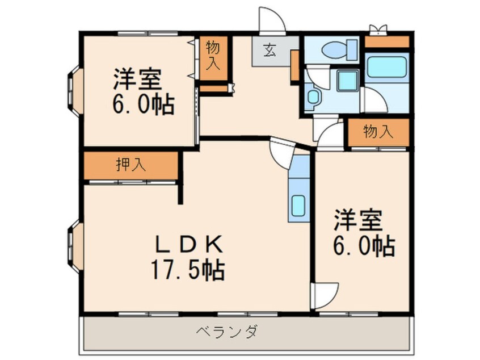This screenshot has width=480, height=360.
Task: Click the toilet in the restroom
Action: click(339, 49)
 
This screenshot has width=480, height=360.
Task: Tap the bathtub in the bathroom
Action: click(387, 67)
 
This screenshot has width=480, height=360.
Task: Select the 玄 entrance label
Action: click(270, 51)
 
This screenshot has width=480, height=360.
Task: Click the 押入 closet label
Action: click(130, 165)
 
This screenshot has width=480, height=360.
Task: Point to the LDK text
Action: click(189, 244)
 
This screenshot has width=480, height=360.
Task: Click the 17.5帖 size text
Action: click(188, 270)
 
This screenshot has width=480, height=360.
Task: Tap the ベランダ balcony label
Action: click(227, 332)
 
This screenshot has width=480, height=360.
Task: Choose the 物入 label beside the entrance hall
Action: click(213, 56)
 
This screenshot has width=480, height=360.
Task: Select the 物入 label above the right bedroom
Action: click(378, 132)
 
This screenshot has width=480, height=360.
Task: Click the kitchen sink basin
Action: click(298, 206)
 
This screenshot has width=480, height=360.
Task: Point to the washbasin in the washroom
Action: click(313, 97)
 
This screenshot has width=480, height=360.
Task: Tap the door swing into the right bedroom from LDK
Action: click(325, 295)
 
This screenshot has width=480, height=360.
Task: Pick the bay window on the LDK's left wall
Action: click(75, 247)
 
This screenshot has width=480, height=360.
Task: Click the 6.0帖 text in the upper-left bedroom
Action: click(144, 105)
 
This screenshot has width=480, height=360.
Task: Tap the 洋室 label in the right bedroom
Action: click(358, 220)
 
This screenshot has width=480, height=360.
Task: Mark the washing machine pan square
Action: click(347, 81)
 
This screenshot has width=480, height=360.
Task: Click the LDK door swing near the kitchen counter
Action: click(281, 153)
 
